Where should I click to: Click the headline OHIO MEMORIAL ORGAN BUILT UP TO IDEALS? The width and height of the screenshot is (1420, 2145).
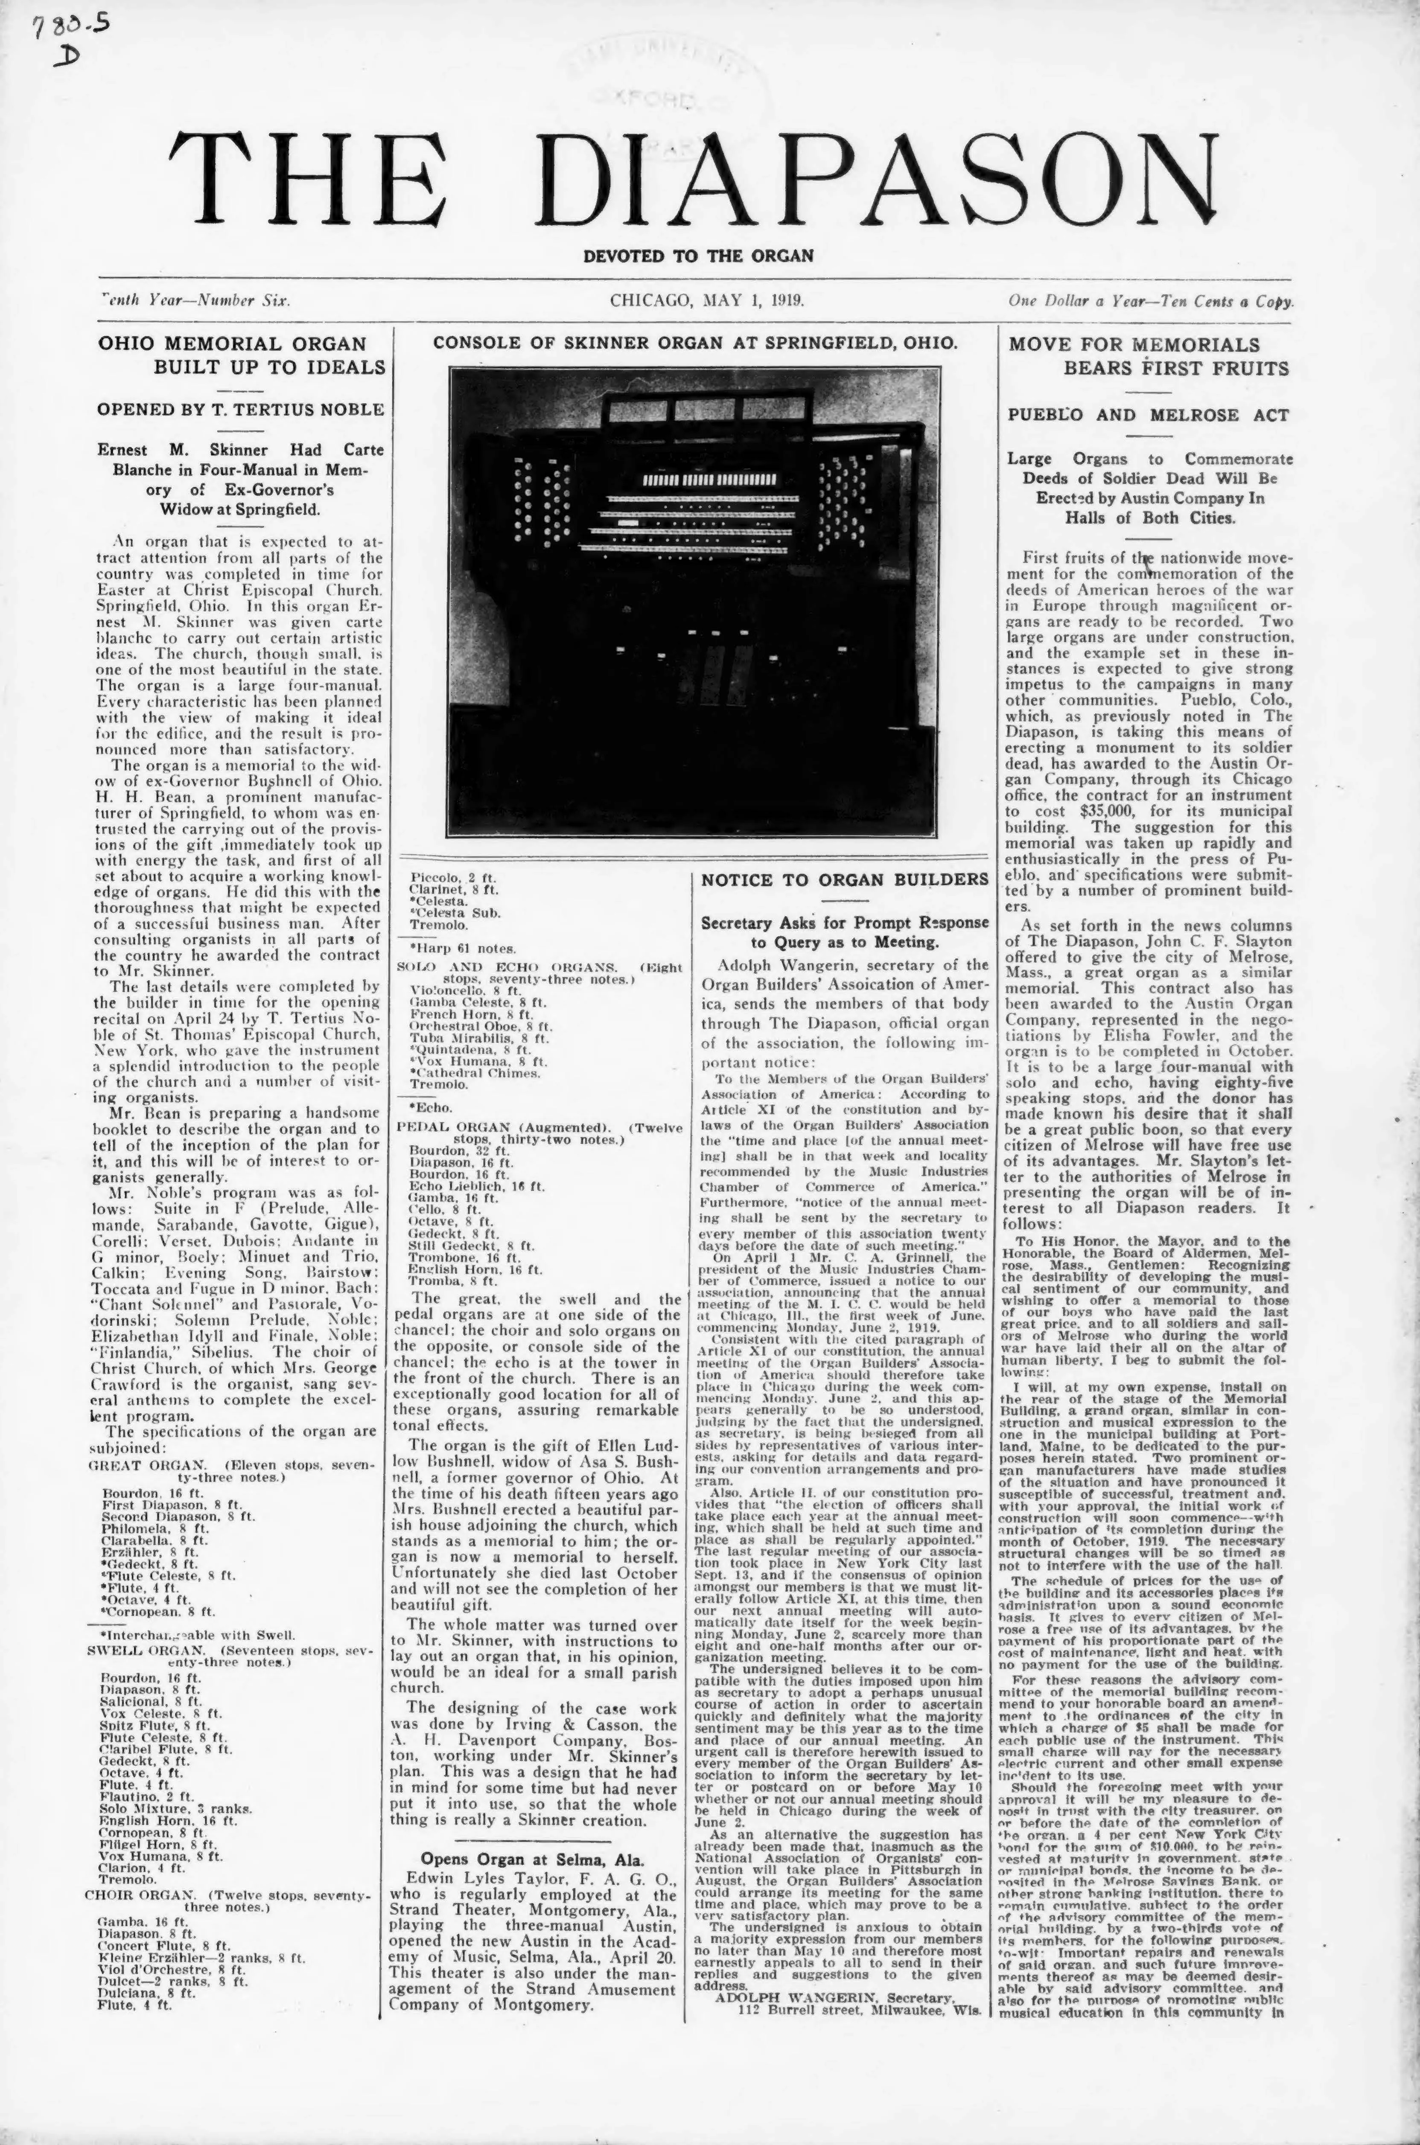241,355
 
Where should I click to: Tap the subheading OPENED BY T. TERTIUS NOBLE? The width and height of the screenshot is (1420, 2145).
241,409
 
